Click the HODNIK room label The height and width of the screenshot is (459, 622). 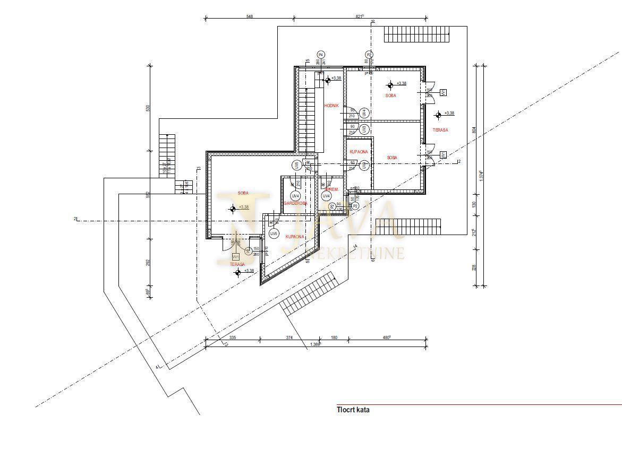point(331,106)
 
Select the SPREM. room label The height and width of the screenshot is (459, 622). point(332,189)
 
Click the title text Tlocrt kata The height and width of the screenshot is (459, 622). point(353,410)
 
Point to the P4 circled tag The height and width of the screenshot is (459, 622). point(320,55)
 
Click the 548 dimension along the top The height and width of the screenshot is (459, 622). point(250,16)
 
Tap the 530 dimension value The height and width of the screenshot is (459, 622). point(148,108)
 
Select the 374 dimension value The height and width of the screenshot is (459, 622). point(289,337)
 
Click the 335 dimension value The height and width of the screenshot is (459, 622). point(232,337)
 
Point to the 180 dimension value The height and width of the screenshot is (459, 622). point(334,337)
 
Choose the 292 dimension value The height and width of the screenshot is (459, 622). point(148,262)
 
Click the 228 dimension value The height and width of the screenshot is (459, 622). point(474,268)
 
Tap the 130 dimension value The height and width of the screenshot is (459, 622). point(474,205)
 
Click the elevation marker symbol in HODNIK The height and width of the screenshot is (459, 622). point(327,80)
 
